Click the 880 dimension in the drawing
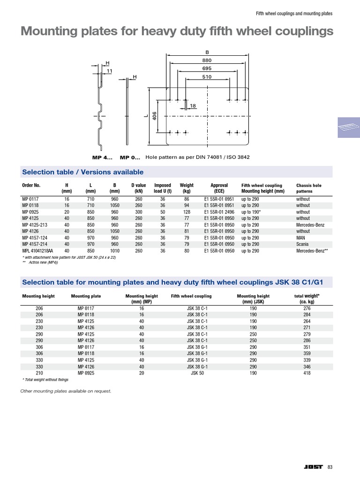pyautogui.click(x=207, y=60)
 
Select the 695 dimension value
pyautogui.click(x=207, y=68)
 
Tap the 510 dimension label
pyautogui.click(x=207, y=77)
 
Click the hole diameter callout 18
pyautogui.click(x=193, y=106)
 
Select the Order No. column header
pyautogui.click(x=31, y=185)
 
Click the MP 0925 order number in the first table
pyautogui.click(x=31, y=212)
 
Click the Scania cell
pyautogui.click(x=302, y=244)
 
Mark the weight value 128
pyautogui.click(x=187, y=212)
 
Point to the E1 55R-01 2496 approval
pyautogui.click(x=219, y=212)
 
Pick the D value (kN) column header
pyautogui.click(x=139, y=188)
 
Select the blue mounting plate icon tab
pyautogui.click(x=348, y=127)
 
